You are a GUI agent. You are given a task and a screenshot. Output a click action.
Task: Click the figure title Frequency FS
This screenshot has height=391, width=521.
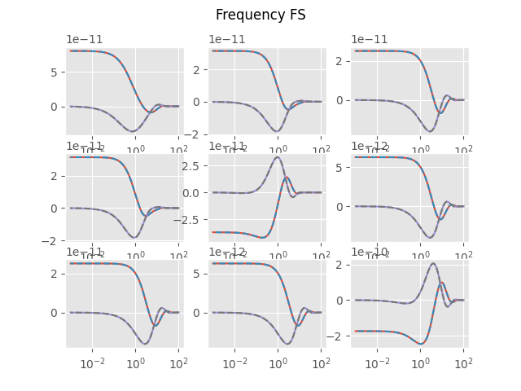coord(260,15)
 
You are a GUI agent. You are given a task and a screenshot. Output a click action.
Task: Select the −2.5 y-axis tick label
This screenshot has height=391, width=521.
coord(186,219)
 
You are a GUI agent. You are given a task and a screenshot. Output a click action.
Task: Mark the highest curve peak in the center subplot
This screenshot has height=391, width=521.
coord(278,157)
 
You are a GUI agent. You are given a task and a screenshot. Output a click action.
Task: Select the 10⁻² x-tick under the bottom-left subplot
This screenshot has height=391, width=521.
coord(92,362)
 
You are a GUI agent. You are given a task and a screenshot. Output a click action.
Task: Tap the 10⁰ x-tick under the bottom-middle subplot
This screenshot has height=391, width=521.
coord(278,362)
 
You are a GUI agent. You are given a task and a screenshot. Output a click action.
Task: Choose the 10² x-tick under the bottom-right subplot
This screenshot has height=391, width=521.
coord(463,362)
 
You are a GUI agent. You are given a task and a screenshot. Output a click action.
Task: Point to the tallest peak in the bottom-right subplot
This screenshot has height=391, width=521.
coord(432,263)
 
